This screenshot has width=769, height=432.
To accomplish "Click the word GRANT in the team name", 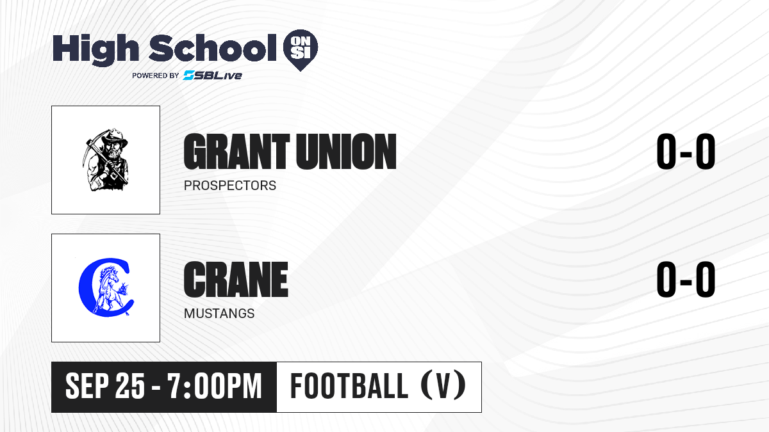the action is tap(236, 152).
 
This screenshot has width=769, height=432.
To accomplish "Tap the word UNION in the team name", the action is tap(347, 152).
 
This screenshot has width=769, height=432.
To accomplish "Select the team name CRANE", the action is tap(236, 280).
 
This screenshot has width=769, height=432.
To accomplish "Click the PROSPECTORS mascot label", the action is tap(229, 186).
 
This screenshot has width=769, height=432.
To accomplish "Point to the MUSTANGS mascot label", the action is tap(219, 314).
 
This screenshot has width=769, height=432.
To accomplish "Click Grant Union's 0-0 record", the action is tap(686, 152).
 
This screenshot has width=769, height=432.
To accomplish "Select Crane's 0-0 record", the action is tap(686, 280).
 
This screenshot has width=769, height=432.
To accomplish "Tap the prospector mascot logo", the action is tap(105, 160).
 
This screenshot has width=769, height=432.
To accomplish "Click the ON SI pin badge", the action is tap(301, 50).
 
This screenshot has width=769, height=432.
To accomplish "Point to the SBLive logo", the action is tap(212, 75).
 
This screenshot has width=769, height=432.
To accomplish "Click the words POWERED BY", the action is tap(155, 76).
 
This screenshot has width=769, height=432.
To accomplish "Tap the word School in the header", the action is tap(213, 48).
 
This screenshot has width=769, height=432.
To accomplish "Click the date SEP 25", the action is tap(105, 386).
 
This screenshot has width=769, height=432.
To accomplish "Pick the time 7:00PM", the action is tap(215, 386).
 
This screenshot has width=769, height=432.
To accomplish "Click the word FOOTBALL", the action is tap(349, 386).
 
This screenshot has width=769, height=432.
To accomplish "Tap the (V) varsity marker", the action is tap(443, 386).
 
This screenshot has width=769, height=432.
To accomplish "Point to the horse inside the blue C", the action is tap(110, 287).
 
